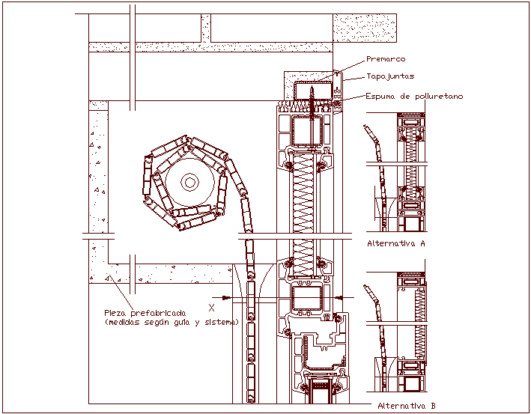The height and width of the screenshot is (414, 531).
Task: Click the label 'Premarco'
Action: (386, 59)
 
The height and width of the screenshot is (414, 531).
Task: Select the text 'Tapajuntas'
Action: (390, 76)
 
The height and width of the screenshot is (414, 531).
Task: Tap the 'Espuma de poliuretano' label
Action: (414, 96)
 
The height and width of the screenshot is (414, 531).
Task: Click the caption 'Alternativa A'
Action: (396, 243)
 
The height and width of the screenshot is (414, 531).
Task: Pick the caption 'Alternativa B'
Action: (407, 405)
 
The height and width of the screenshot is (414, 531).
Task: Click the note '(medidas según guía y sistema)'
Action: (171, 322)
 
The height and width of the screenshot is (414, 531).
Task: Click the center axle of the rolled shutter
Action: (189, 182)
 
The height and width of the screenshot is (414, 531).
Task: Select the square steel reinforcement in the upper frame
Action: (308, 133)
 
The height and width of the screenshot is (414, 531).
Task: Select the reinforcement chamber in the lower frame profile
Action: (307, 300)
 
